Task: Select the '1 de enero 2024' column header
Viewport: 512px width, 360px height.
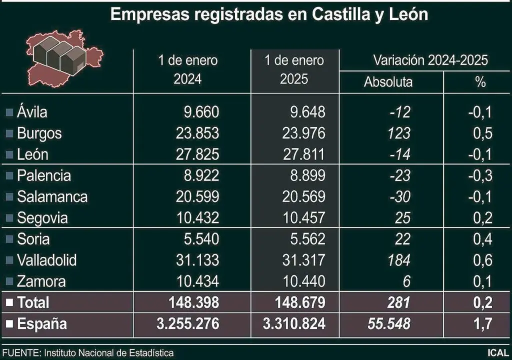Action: tap(188, 70)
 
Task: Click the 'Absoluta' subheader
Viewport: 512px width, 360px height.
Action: tap(388, 82)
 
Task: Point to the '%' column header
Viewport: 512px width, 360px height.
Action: tap(480, 82)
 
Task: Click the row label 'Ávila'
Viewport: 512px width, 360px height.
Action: tap(32, 112)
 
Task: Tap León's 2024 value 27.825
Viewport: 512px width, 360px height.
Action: tap(197, 154)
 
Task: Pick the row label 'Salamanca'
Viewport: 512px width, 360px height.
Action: tap(52, 197)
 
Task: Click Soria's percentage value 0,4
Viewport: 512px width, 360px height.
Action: tap(481, 239)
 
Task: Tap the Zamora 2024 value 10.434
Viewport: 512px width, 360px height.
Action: tap(197, 281)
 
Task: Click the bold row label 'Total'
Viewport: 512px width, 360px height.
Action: tap(33, 302)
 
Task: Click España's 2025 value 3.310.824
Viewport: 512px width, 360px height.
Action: tap(294, 324)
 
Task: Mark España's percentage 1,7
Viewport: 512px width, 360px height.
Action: tap(481, 324)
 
